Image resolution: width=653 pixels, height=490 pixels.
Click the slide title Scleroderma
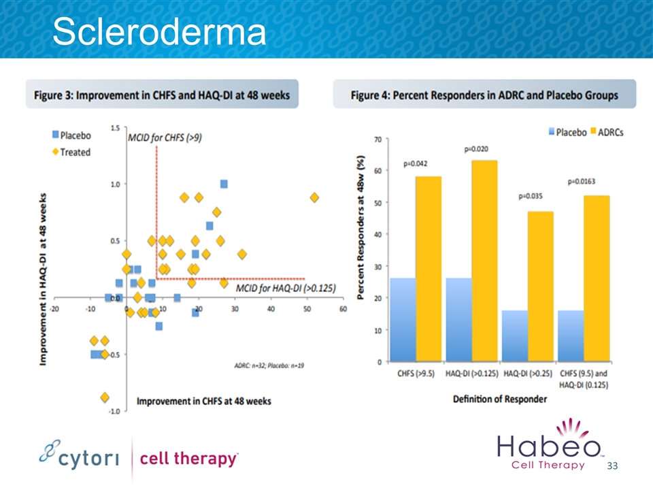(x=159, y=31)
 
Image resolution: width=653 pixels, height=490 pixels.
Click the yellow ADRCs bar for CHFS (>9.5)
(x=429, y=269)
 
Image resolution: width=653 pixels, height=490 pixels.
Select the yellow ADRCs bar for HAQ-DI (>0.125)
(x=484, y=261)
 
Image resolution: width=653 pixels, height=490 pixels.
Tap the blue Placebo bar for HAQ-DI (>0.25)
(x=515, y=336)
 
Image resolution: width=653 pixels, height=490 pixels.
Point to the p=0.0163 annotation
(x=584, y=182)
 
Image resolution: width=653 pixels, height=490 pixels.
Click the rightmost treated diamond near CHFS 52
(x=314, y=197)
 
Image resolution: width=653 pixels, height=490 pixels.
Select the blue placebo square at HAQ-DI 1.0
(x=224, y=184)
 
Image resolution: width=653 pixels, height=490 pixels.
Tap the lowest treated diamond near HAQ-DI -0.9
(x=105, y=397)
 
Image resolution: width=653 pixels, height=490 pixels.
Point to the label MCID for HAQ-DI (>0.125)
(x=286, y=289)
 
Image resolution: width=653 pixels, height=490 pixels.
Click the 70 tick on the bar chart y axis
(x=376, y=139)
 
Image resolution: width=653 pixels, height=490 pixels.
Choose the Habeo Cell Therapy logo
(x=550, y=447)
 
